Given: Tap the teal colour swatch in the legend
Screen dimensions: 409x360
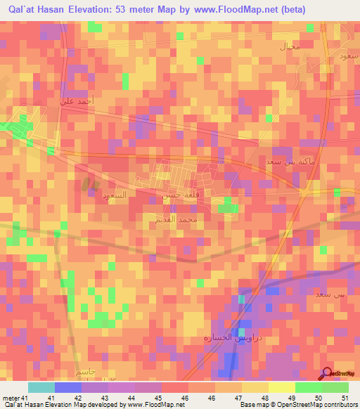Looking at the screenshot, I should coord(41,387).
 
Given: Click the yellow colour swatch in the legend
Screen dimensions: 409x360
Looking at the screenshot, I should coord(281,387).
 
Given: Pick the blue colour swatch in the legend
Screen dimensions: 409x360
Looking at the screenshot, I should coord(67,387).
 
